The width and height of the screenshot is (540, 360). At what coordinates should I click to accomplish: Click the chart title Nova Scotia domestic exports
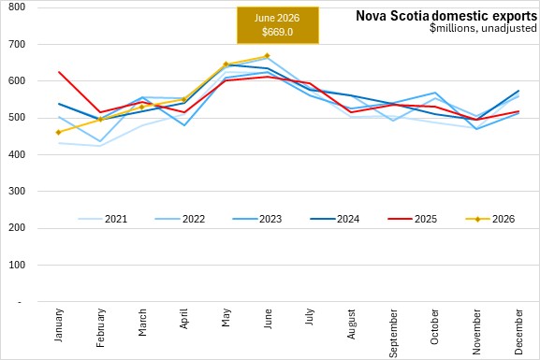click(x=446, y=16)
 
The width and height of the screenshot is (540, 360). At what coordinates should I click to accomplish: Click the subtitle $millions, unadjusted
click(x=483, y=28)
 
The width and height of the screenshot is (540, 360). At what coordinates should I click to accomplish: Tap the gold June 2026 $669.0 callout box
click(x=278, y=25)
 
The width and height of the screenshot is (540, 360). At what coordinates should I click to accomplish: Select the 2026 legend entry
click(x=489, y=219)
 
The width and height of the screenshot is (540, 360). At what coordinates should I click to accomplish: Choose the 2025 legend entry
click(x=412, y=219)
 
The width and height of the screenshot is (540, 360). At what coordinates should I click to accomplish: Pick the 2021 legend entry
click(x=103, y=219)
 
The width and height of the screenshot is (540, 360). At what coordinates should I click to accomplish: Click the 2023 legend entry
click(x=257, y=219)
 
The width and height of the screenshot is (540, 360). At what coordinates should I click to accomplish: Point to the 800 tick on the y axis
click(x=17, y=7)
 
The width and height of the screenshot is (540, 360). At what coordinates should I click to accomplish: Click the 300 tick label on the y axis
click(x=17, y=191)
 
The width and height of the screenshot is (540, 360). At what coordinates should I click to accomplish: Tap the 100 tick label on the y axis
click(x=17, y=265)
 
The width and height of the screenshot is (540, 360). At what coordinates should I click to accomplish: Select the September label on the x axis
click(x=393, y=333)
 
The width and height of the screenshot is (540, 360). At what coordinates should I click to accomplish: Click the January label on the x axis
click(x=59, y=325)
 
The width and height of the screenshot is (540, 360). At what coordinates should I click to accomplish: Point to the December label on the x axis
click(x=518, y=332)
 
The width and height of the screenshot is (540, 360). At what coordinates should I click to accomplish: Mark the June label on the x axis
click(x=268, y=319)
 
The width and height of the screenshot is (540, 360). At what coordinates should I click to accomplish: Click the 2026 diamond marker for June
click(x=267, y=56)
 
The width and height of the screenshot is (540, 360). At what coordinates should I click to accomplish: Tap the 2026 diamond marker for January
click(x=59, y=132)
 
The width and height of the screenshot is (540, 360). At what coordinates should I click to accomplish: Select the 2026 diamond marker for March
click(x=142, y=107)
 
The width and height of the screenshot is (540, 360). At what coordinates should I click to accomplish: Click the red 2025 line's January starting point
click(x=59, y=72)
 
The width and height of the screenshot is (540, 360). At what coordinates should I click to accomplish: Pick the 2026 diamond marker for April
click(x=183, y=99)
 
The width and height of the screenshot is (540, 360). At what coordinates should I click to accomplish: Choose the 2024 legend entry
click(x=335, y=219)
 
